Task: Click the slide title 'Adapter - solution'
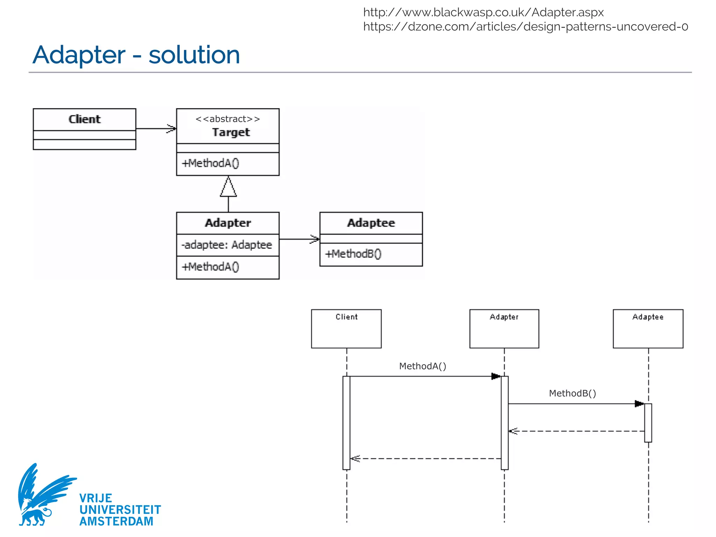click(136, 55)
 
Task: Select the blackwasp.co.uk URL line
click(483, 12)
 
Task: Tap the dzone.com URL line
click(525, 27)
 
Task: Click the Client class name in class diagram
click(84, 119)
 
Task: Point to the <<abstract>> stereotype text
click(228, 119)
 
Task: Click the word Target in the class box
click(231, 132)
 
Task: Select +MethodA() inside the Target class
click(210, 163)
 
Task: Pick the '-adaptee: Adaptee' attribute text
click(227, 245)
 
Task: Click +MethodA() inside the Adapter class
click(210, 267)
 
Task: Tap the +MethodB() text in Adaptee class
click(353, 253)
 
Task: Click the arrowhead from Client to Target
click(171, 128)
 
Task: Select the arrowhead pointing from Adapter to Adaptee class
click(315, 239)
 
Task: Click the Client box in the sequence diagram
click(346, 328)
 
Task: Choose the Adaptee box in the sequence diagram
click(648, 328)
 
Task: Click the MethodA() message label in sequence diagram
click(422, 366)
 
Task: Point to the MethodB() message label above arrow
click(572, 393)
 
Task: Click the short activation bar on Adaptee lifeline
click(648, 423)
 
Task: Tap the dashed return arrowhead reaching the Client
click(355, 458)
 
